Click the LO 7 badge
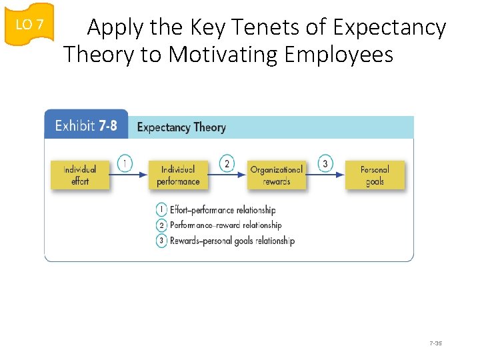pyautogui.click(x=29, y=24)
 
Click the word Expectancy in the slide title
pyautogui.click(x=389, y=27)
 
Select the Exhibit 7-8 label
pyautogui.click(x=86, y=126)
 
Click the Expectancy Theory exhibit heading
pyautogui.click(x=181, y=127)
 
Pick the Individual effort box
pyautogui.click(x=80, y=175)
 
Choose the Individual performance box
pyautogui.click(x=178, y=175)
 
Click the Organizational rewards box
pyautogui.click(x=276, y=175)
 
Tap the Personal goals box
pyautogui.click(x=375, y=175)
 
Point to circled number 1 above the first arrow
pyautogui.click(x=125, y=163)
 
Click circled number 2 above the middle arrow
pyautogui.click(x=227, y=163)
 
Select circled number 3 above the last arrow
pyautogui.click(x=325, y=163)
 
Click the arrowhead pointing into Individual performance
pyautogui.click(x=144, y=175)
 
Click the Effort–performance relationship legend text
pyautogui.click(x=223, y=210)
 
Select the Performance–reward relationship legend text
pyautogui.click(x=225, y=225)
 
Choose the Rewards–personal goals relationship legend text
pyautogui.click(x=232, y=241)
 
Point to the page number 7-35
pyautogui.click(x=436, y=343)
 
